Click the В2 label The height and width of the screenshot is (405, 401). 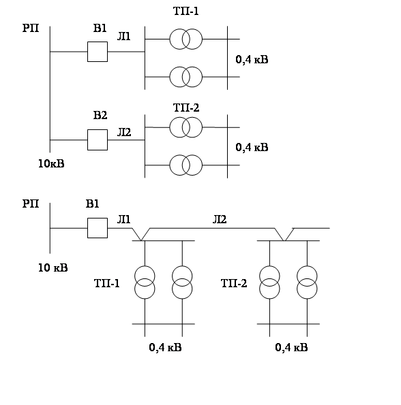100,115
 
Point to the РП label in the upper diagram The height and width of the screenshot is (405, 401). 31,28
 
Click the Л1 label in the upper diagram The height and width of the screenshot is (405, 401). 124,37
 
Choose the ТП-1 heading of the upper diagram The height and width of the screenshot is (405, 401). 186,12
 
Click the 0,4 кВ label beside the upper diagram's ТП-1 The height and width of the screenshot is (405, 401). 252,60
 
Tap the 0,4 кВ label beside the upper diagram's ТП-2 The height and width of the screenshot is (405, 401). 252,147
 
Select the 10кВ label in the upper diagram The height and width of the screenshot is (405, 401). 51,163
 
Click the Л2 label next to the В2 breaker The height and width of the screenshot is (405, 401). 124,132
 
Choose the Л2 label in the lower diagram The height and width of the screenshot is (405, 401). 220,220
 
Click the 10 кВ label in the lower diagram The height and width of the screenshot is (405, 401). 53,268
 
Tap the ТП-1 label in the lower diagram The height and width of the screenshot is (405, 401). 107,283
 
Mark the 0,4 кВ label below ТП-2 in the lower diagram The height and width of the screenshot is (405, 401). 291,347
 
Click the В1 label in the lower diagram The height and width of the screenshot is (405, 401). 92,204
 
